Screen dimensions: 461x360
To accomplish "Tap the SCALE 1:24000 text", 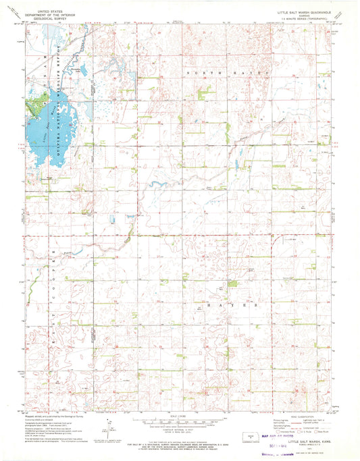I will point(179,414).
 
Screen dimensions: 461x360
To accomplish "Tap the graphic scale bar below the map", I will point(179,421).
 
